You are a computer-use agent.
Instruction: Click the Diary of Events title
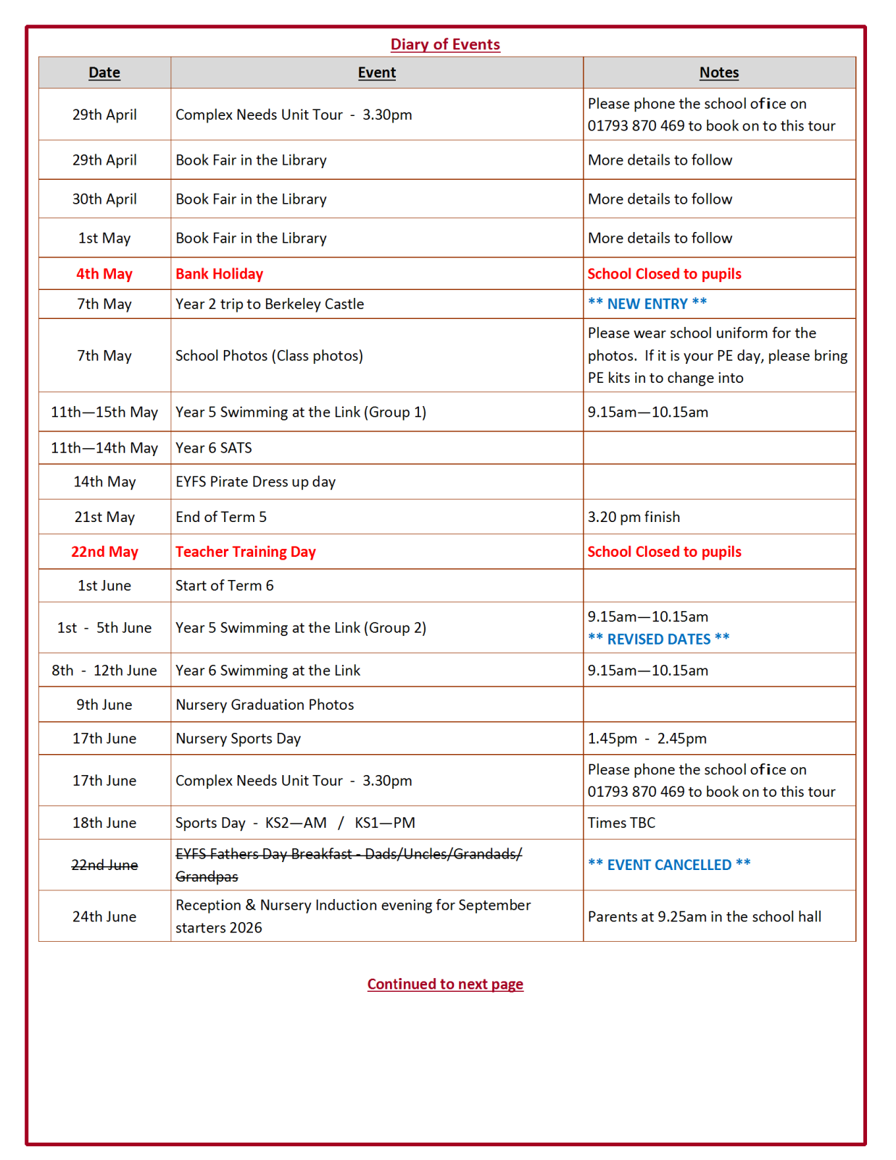point(445,44)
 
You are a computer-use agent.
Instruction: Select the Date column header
point(104,72)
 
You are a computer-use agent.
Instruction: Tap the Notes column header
point(718,72)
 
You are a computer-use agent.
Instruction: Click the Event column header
point(376,72)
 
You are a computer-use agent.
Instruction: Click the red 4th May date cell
point(104,274)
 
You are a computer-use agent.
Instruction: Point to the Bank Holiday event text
point(219,274)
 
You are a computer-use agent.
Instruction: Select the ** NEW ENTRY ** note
point(647,304)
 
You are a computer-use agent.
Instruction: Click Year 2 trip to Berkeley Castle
point(270,304)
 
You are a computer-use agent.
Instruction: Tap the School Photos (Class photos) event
point(269,356)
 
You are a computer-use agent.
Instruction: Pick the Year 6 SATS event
point(214,448)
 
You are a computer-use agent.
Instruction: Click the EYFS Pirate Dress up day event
point(255,482)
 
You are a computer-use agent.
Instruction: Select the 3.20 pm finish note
point(634,517)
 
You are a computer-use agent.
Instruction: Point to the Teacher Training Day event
point(246,552)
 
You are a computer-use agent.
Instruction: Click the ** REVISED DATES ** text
point(658,639)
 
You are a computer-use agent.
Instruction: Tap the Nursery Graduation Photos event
point(265,705)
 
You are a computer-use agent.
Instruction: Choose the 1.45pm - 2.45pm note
point(647,739)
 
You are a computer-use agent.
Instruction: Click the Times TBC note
point(621,823)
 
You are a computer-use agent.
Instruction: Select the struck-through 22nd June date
point(104,865)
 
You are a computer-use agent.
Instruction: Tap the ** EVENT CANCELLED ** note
point(668,865)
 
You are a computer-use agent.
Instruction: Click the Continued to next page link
point(445,984)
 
